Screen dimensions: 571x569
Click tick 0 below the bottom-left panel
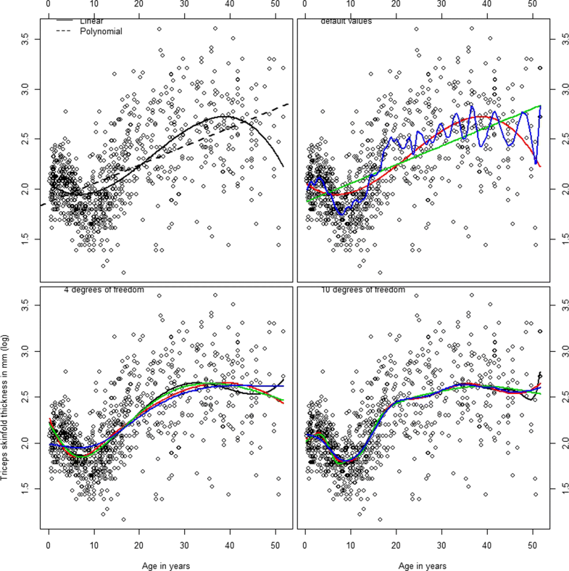(48, 549)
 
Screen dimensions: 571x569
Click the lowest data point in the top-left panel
(124, 273)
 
